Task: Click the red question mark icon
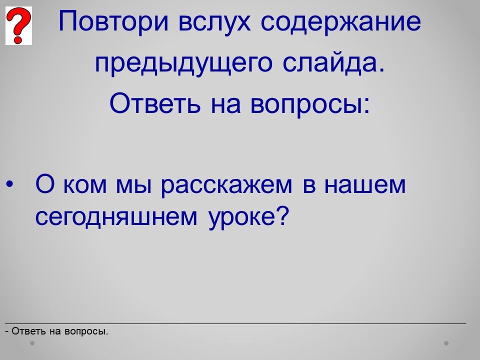18,25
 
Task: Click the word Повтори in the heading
113,21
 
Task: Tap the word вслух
214,22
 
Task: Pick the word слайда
333,63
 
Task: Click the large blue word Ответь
155,103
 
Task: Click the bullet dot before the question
9,184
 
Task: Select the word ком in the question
85,185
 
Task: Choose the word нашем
365,185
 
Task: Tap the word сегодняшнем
116,217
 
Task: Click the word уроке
241,218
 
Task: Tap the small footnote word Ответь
29,331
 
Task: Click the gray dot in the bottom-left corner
32,343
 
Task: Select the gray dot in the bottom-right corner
446,343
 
